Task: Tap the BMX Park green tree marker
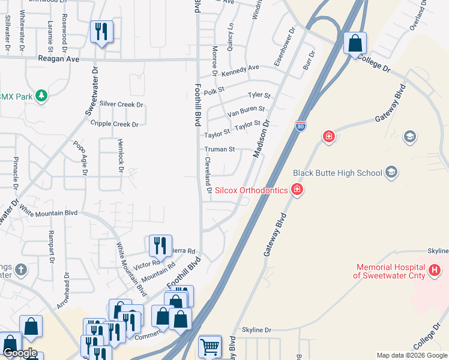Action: tap(41, 96)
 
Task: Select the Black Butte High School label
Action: tap(337, 173)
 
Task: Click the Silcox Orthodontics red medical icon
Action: tap(297, 190)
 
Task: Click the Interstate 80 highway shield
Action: tap(301, 126)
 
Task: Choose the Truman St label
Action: tap(218, 149)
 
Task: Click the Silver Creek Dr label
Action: tap(122, 104)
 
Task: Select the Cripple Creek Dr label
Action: tap(114, 124)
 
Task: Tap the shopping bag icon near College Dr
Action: tap(355, 43)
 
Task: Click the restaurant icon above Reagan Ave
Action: tap(101, 31)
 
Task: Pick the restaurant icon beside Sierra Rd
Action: tap(160, 245)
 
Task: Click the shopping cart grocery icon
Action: tap(209, 346)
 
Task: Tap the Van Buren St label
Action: tap(246, 110)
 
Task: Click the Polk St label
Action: tap(214, 92)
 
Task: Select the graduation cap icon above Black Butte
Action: tap(410, 136)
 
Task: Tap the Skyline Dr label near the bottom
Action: tap(257, 330)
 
